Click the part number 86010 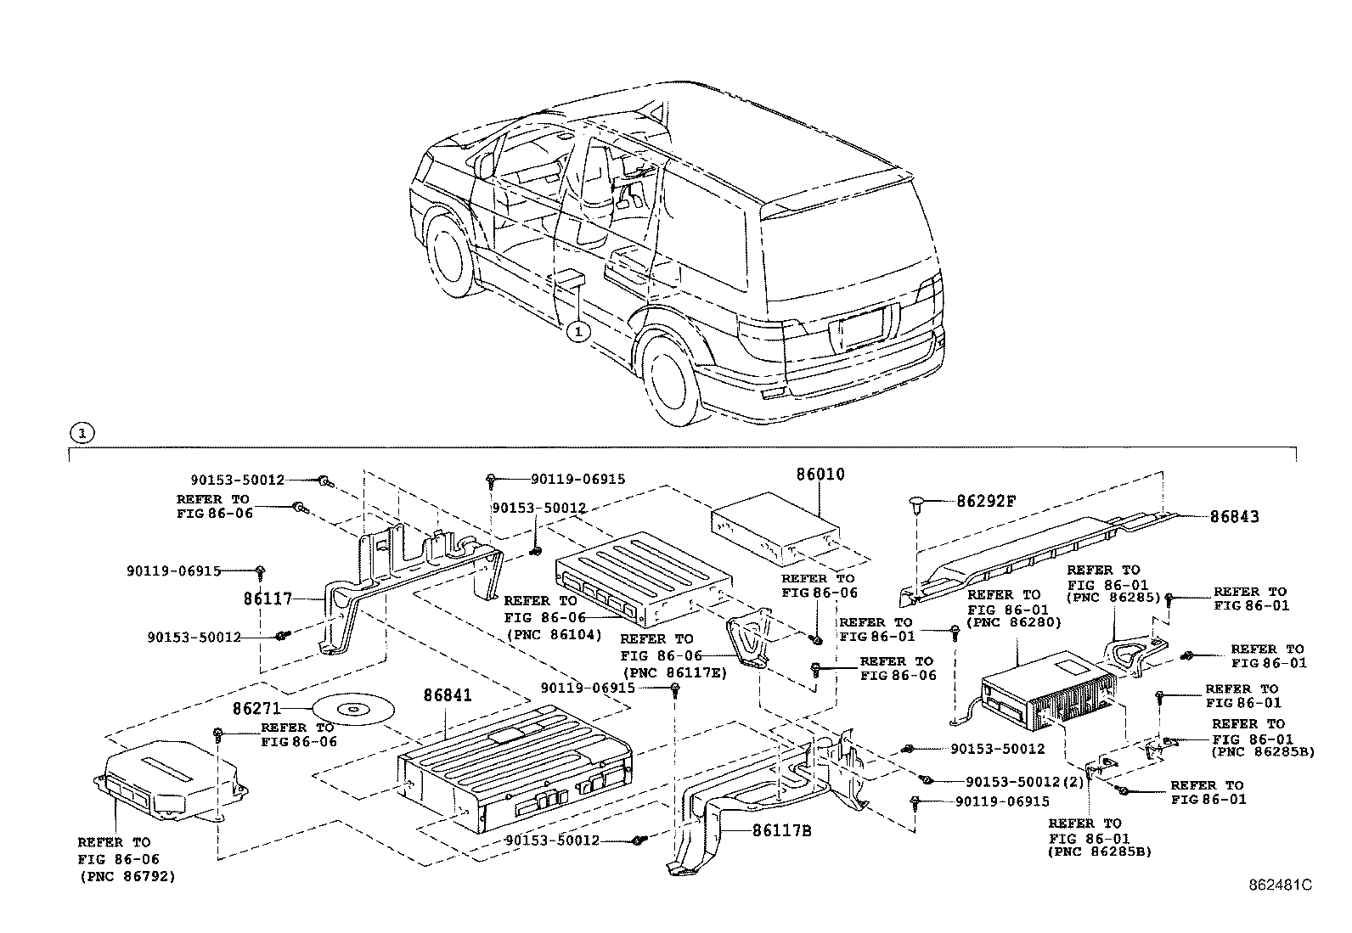(820, 475)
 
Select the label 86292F (986, 501)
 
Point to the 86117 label (268, 599)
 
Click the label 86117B (781, 830)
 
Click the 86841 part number (448, 696)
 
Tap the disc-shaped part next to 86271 (350, 707)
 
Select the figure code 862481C (1280, 884)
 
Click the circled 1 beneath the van (577, 331)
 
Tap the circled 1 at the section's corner (81, 433)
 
